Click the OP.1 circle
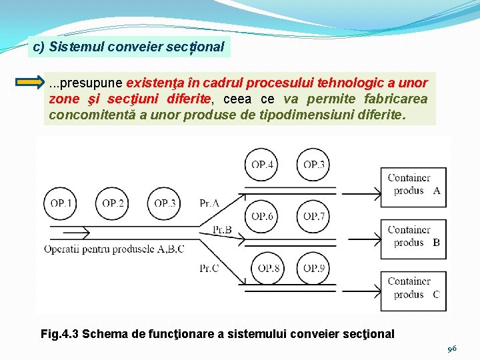pyautogui.click(x=61, y=203)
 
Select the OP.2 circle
pyautogui.click(x=113, y=203)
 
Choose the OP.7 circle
pyautogui.click(x=314, y=216)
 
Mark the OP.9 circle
pyautogui.click(x=314, y=268)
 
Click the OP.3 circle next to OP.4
pyautogui.click(x=314, y=165)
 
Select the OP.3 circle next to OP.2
pyautogui.click(x=165, y=203)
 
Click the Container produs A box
pyautogui.click(x=413, y=184)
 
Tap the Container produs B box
pyautogui.click(x=413, y=237)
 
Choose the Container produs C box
pyautogui.click(x=413, y=288)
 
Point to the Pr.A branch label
pyautogui.click(x=209, y=203)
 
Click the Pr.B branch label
pyautogui.click(x=222, y=229)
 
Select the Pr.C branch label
pyautogui.click(x=209, y=268)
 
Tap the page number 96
pyautogui.click(x=452, y=348)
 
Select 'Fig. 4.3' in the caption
pyautogui.click(x=59, y=333)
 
